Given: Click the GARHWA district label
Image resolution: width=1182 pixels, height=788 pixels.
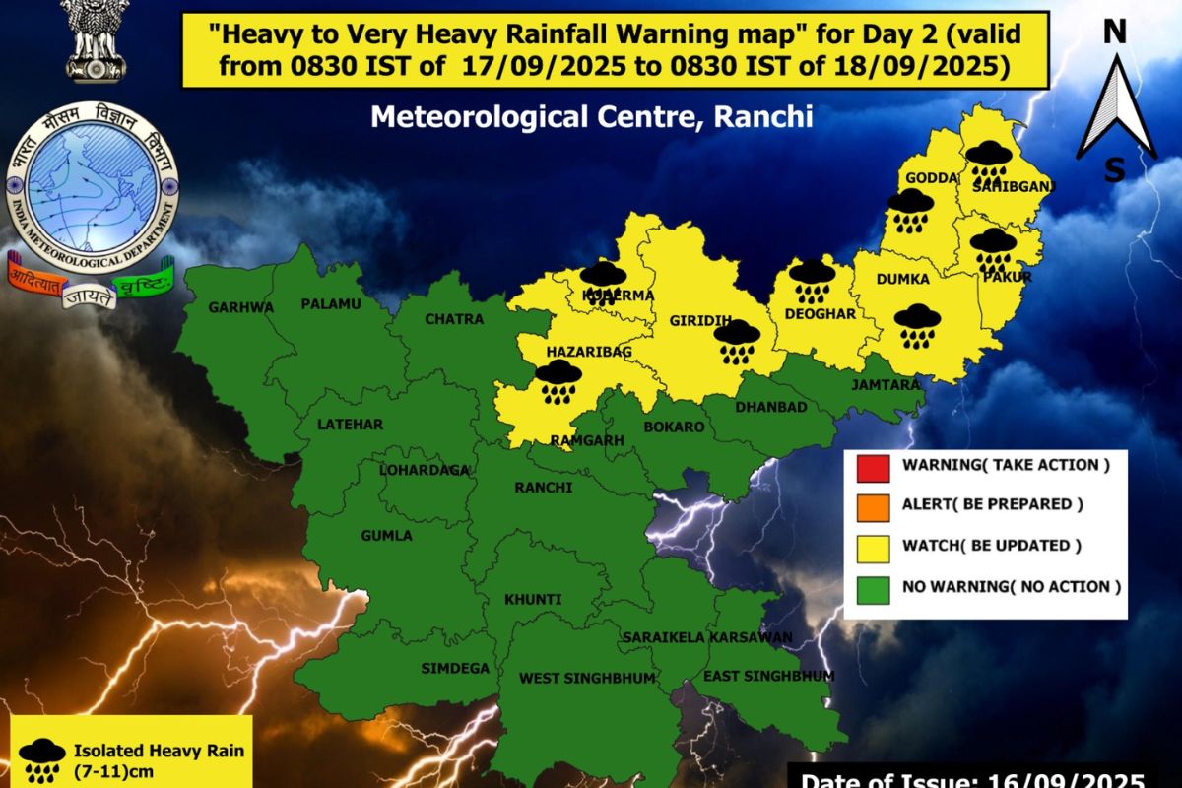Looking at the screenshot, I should (x=240, y=307).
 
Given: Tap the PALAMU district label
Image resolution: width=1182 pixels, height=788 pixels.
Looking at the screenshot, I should (x=331, y=303).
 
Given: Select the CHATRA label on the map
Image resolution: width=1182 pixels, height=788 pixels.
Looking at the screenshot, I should (x=454, y=319).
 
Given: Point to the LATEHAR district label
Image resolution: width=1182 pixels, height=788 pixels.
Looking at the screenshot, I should (x=350, y=425).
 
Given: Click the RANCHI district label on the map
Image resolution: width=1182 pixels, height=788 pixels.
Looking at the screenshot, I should (x=543, y=488).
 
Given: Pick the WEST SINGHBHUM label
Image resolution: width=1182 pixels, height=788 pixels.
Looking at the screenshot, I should (x=572, y=678).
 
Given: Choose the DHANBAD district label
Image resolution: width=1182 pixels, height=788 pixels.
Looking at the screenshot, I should (x=771, y=407).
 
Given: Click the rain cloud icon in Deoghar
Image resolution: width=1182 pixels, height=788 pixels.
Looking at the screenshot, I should (x=812, y=281).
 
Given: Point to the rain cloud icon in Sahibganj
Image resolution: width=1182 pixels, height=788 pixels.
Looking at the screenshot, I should (x=986, y=162).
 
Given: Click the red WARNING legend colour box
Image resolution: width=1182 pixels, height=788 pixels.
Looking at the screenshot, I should (x=873, y=465).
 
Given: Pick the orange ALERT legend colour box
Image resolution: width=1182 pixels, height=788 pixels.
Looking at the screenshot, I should (x=873, y=504).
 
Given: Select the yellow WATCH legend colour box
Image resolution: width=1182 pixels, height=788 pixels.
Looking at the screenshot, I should (x=873, y=546).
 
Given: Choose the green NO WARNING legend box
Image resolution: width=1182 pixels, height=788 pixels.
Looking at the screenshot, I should (x=873, y=587).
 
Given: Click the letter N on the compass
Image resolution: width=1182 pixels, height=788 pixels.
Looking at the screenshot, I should (x=1114, y=33).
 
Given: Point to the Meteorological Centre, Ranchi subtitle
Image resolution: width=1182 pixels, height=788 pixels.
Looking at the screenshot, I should (x=592, y=117).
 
